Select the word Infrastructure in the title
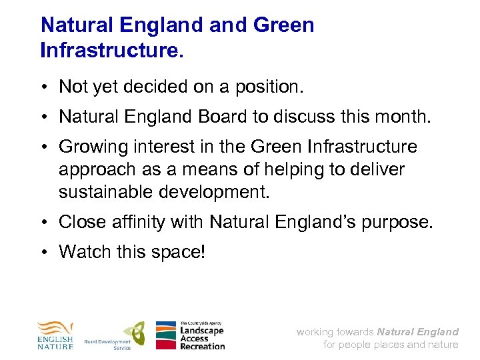[110, 50]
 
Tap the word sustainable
[107, 193]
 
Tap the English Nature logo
[55, 335]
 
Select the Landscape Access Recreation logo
[191, 335]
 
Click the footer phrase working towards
[335, 332]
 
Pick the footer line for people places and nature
[391, 345]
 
